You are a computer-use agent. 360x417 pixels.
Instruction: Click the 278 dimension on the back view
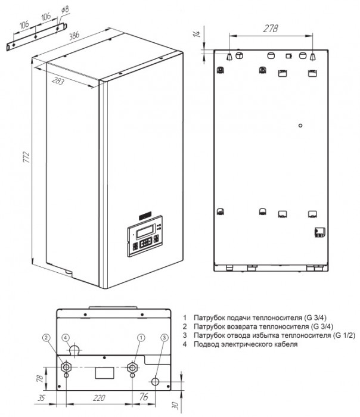click(x=271, y=28)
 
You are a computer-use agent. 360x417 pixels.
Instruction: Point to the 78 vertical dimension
click(x=37, y=378)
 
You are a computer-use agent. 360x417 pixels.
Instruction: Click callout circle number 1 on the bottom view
click(x=141, y=337)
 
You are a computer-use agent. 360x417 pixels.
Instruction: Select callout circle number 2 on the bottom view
click(x=46, y=337)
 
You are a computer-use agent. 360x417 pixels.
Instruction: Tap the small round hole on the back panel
click(x=301, y=126)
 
